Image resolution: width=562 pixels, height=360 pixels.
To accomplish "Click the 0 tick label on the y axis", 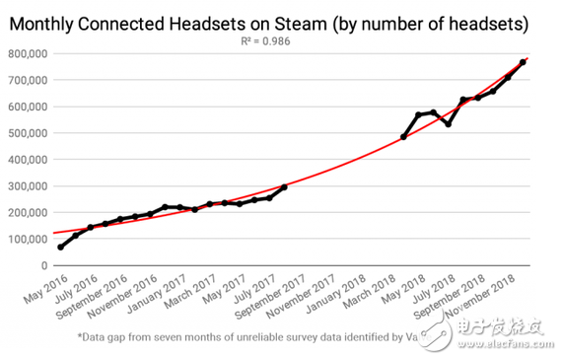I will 43,266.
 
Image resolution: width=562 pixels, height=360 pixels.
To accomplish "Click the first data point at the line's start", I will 60,247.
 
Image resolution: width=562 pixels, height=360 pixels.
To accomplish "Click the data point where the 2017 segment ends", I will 285,187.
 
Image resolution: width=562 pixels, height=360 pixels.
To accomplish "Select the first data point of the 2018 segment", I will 403,136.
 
